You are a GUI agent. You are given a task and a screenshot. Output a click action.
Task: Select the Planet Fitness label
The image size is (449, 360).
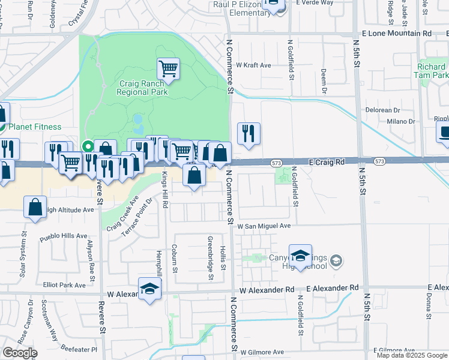pyautogui.click(x=34, y=127)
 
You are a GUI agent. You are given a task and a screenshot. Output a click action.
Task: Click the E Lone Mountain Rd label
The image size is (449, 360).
pyautogui.click(x=396, y=34)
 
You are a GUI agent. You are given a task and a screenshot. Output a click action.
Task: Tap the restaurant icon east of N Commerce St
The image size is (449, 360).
pyautogui.click(x=249, y=134)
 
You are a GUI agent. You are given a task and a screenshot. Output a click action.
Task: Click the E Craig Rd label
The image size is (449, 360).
pyautogui.click(x=327, y=162)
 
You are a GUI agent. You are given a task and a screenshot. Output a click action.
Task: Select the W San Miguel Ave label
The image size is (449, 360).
pyautogui.click(x=264, y=226)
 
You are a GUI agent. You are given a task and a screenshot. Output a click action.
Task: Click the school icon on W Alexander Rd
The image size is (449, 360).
pyautogui.click(x=149, y=289)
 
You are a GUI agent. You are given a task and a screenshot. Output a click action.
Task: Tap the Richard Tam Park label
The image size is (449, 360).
pyautogui.click(x=432, y=71)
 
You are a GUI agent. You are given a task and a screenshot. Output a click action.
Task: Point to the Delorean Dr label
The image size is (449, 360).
pyautogui.click(x=383, y=110)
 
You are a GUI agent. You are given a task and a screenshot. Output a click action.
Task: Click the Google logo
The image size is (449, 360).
pyautogui.click(x=20, y=353)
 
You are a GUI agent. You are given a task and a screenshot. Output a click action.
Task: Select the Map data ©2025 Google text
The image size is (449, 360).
pyautogui.click(x=411, y=355)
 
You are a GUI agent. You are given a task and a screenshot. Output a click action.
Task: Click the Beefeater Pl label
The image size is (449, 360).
pyautogui.click(x=78, y=347)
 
